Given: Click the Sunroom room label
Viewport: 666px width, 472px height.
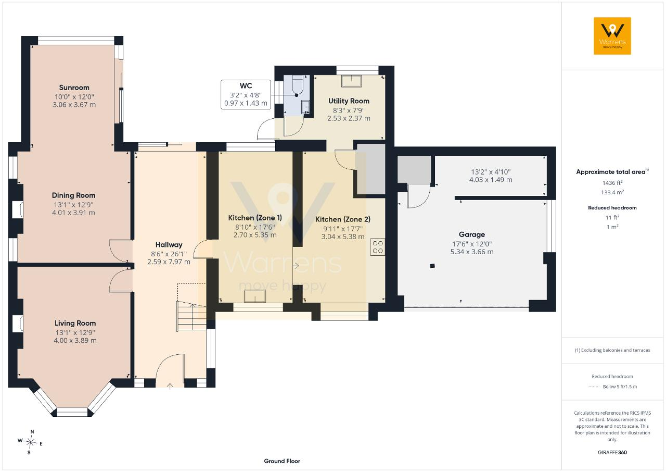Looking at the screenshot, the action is [x=74, y=88].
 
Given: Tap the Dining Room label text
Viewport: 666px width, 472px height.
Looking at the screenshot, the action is [x=73, y=195].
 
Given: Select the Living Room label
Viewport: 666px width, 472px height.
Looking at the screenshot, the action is [x=75, y=323].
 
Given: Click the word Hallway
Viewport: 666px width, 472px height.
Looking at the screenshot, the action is [x=169, y=245].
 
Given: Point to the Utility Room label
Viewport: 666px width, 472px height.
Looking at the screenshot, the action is [x=349, y=101].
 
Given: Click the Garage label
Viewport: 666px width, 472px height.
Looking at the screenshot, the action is [x=472, y=234].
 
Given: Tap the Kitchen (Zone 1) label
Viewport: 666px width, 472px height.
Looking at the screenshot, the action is [x=255, y=218].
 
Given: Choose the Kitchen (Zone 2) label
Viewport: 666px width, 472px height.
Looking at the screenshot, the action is [x=343, y=219].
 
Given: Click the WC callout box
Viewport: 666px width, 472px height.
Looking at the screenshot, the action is [x=246, y=94].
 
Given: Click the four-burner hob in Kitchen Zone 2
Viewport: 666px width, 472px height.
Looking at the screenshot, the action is [x=378, y=247].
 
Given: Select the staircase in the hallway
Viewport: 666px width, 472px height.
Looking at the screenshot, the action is [x=192, y=316].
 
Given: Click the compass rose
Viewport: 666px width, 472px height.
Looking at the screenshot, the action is [x=30, y=442].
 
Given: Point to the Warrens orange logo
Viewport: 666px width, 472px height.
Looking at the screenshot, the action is [x=612, y=36].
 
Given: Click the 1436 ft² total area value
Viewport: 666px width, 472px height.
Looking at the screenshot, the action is [x=612, y=183].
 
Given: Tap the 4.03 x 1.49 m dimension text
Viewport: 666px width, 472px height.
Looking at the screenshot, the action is [x=491, y=180].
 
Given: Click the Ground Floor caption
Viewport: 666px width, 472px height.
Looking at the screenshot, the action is [x=282, y=461].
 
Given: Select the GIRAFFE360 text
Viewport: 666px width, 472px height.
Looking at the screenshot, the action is [x=612, y=452].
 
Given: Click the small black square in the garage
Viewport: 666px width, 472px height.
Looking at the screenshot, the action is [x=432, y=266].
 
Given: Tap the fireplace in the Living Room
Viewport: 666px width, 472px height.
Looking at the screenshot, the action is [x=18, y=324].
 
